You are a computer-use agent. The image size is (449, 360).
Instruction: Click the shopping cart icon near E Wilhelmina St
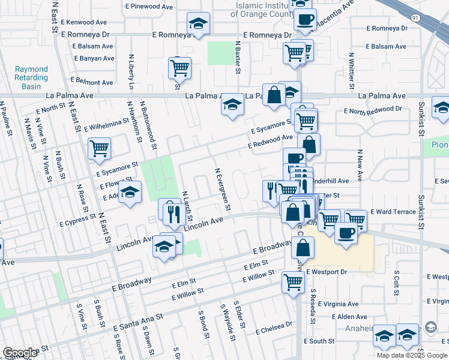98,148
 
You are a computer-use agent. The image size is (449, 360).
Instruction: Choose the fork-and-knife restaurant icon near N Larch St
173,213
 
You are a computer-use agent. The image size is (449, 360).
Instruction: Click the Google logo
20,353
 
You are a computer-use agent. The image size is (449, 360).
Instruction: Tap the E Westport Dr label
327,272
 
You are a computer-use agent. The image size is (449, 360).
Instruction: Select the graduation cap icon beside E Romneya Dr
198,24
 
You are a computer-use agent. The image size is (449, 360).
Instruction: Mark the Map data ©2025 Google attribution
411,355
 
